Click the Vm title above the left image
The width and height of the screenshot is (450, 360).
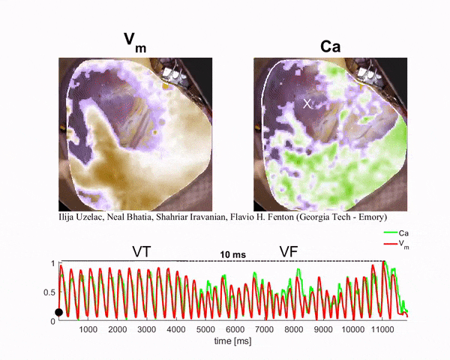coord(135,43)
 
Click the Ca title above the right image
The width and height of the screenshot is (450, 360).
coord(329,43)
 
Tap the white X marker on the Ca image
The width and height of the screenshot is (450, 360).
coord(307,103)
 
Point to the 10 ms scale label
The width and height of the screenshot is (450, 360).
coord(232,256)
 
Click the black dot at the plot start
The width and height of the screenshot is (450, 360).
coord(59,312)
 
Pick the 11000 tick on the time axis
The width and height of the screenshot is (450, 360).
coord(382,329)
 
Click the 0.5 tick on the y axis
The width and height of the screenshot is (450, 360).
coord(49,292)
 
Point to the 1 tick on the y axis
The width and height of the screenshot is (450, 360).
coord(52,264)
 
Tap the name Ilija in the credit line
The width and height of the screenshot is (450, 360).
coord(66,217)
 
